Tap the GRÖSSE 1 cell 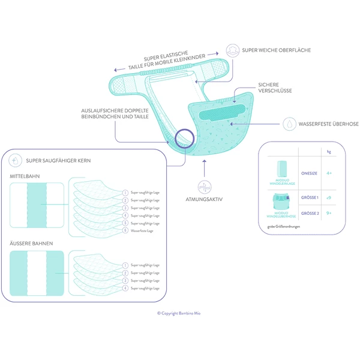pos(308,197)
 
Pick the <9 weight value pos(329,197)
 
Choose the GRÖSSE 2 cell pos(308,213)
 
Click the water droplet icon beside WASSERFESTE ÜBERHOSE pos(289,124)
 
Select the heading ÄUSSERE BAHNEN pos(29,244)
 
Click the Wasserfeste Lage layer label pos(143,230)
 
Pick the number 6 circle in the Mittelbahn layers pos(125,230)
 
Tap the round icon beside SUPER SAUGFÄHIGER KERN pos(14,161)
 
